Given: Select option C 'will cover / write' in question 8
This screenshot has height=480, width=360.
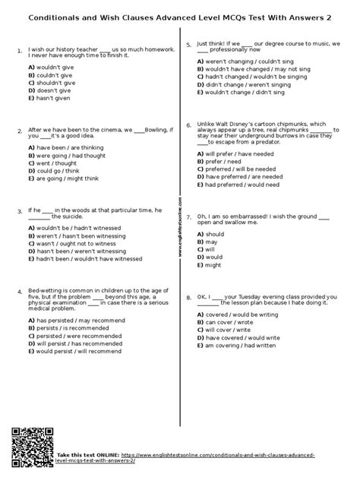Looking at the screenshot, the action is click(227, 331).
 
